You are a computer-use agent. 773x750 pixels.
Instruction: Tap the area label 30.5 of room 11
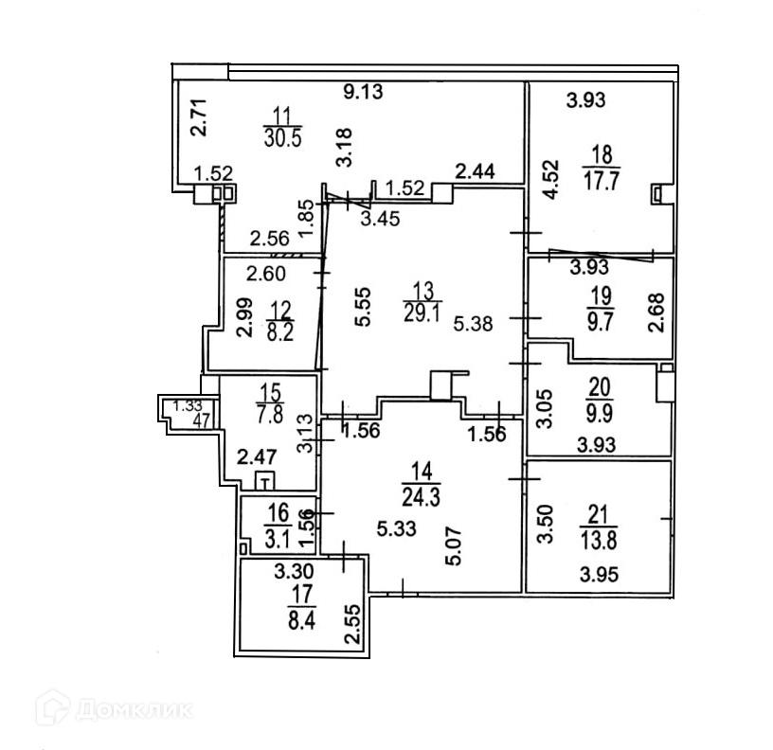click(282, 136)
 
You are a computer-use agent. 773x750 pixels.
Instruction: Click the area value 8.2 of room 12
click(279, 332)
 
